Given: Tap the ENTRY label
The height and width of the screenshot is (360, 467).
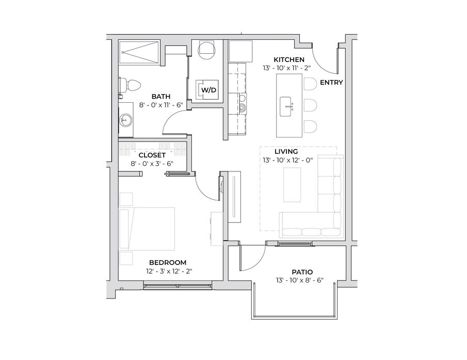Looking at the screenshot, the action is [x=331, y=82].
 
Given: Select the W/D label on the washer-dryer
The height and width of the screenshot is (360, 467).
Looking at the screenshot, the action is [x=209, y=89].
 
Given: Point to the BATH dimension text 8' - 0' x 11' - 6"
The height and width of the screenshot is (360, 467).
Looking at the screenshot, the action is [x=161, y=105].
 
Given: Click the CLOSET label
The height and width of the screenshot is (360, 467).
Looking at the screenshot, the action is [x=152, y=155].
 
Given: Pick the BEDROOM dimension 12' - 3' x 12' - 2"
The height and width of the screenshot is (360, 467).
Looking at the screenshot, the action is [x=169, y=271].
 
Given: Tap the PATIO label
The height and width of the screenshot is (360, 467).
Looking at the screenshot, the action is [x=302, y=272].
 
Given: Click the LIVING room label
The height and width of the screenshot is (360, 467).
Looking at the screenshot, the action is [x=286, y=151].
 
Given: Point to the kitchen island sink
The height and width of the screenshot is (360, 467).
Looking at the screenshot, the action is [x=286, y=106].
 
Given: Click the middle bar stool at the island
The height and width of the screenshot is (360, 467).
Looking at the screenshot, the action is [x=310, y=105].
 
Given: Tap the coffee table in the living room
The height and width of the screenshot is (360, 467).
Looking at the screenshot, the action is [x=292, y=185].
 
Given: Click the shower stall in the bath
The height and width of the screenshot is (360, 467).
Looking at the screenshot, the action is [x=139, y=53].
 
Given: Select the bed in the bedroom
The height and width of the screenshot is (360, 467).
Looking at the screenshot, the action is [x=147, y=229].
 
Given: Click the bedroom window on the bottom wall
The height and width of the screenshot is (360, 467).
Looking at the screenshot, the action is [x=178, y=286].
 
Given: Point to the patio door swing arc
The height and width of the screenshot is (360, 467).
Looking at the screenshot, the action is [x=257, y=263].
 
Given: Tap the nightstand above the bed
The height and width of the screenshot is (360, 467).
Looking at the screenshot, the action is [x=126, y=199].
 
